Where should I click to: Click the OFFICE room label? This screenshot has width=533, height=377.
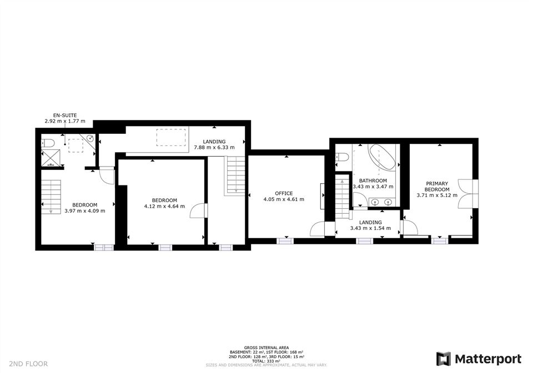284,193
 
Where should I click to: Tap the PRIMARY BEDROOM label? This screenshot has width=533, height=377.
437,187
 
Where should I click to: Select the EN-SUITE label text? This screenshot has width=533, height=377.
65,115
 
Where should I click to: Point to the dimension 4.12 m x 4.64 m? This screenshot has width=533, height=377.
164,206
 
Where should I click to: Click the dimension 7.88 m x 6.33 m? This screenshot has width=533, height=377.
214,148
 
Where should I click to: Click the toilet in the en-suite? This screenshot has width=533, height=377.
47,143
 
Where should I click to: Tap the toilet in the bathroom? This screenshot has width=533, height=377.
341,157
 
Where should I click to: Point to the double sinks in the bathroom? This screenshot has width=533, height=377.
381,202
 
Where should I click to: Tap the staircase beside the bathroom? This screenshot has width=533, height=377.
343,197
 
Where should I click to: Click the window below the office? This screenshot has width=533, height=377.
285,241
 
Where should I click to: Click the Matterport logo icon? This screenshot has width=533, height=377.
444,359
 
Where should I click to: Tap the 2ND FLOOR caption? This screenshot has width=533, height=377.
28,364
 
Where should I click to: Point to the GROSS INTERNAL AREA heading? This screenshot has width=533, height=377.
266,348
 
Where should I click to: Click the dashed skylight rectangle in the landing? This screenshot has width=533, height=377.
172,137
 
